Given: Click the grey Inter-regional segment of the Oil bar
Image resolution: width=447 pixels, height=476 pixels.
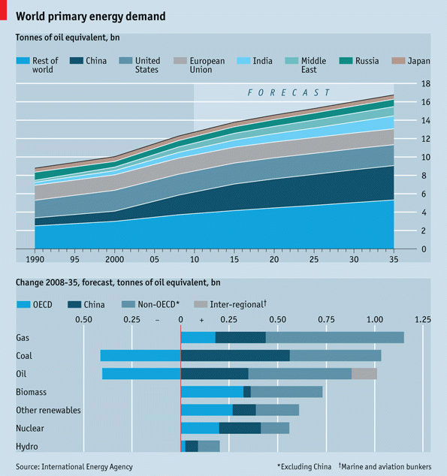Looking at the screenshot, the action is [364, 374].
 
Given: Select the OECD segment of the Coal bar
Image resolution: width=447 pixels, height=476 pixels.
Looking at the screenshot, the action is [140, 355].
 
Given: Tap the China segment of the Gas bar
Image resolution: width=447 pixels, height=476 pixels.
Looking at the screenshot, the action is [240, 338].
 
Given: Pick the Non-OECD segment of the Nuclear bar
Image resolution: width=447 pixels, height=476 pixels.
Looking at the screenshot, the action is [275, 428].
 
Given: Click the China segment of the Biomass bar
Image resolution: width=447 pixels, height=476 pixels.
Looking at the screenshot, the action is [247, 392].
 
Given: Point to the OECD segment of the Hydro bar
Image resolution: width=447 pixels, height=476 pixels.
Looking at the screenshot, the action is [183, 446].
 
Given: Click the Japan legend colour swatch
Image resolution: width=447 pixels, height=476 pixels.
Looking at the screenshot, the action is [398, 61].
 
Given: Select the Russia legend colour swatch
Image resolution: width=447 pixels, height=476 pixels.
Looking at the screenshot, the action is [346, 61].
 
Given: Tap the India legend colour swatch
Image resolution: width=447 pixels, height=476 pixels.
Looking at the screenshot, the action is [243, 61].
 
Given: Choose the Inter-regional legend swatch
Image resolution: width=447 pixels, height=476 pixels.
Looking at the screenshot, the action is [201, 304].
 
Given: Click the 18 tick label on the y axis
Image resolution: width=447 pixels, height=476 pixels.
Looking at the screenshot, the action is [426, 84].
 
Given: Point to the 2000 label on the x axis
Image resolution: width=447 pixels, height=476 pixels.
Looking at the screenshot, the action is [114, 260].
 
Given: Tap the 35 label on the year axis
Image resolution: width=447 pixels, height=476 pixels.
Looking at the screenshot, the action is [394, 260].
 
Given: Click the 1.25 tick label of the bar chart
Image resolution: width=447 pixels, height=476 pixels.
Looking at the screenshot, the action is [423, 319].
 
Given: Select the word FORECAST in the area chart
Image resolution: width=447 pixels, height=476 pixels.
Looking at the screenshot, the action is [288, 92].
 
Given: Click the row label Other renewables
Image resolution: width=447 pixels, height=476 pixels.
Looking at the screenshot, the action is [48, 410].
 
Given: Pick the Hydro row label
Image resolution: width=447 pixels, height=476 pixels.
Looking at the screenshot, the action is [27, 447].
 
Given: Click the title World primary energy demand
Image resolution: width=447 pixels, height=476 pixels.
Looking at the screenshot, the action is [91, 17].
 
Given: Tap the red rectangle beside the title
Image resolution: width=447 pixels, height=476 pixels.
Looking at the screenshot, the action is [3, 10].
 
